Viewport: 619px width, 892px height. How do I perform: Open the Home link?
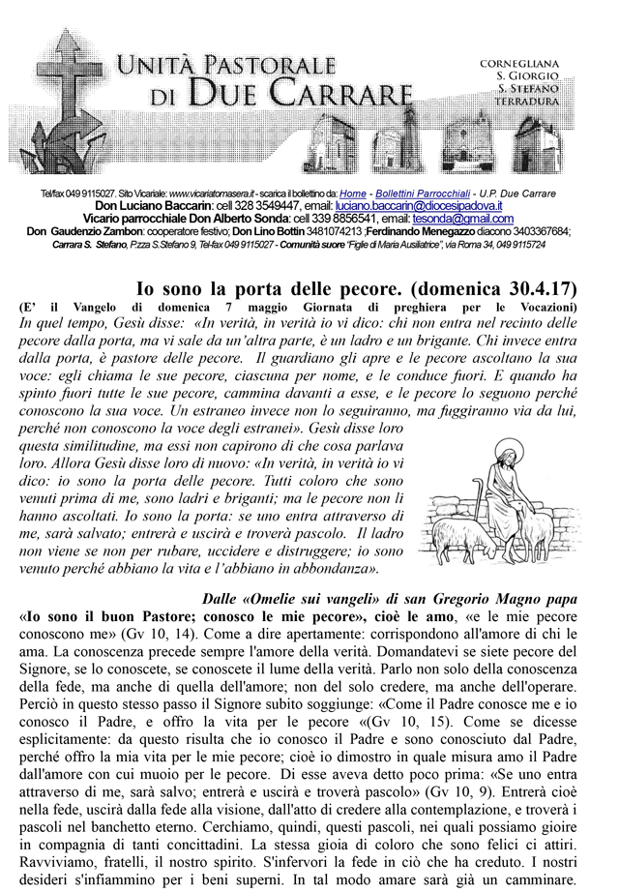pos(353,194)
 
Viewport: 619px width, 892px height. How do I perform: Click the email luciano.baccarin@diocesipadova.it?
pos(411,207)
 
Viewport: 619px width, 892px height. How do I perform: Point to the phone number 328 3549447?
pos(250,207)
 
